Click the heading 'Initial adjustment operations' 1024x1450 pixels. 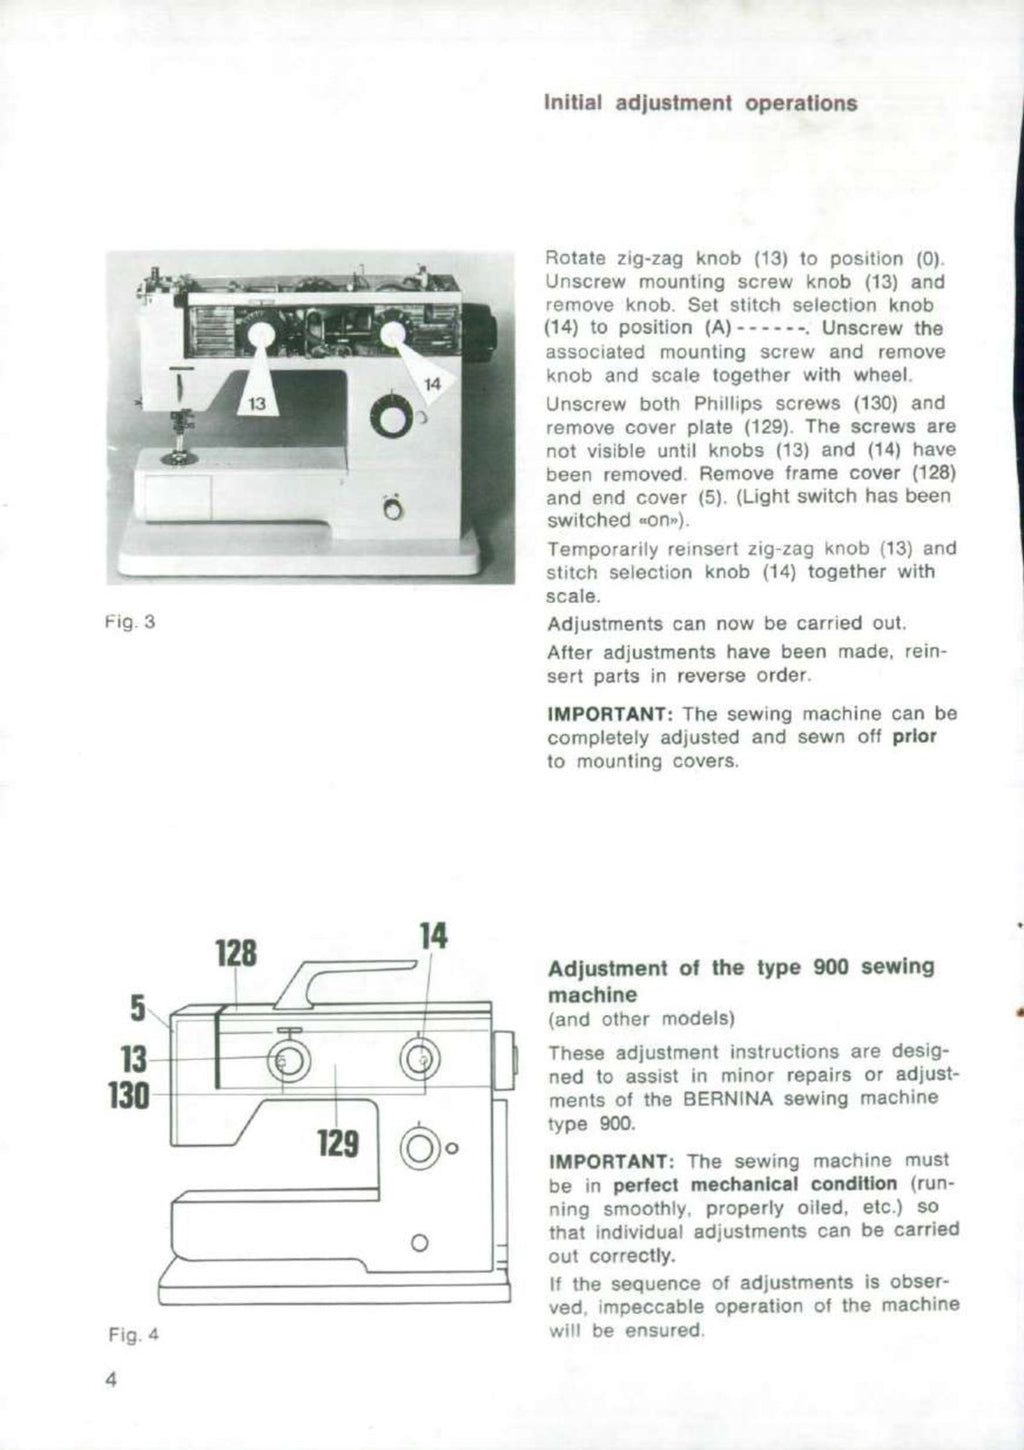(700, 103)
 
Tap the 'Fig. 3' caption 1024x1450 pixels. (130, 622)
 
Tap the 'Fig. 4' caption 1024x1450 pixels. (133, 1334)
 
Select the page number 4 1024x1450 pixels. (111, 1380)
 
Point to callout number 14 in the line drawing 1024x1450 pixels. (432, 936)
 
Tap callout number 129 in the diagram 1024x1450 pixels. (338, 1142)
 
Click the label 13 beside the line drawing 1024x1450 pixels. (132, 1058)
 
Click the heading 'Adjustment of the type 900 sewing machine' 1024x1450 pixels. (741, 980)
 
